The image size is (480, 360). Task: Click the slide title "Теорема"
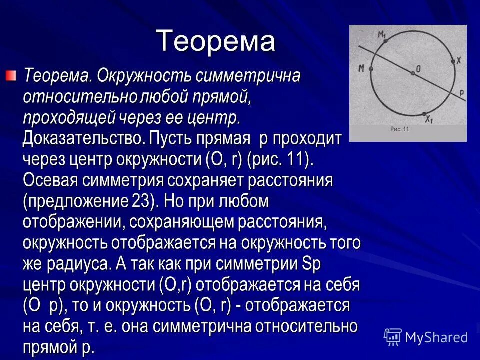pyautogui.click(x=215, y=41)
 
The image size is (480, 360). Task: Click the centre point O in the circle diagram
pyautogui.click(x=412, y=73)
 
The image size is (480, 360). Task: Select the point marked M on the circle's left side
pyautogui.click(x=371, y=69)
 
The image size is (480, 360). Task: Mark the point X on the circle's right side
pyautogui.click(x=453, y=61)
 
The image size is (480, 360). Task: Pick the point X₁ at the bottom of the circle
pyautogui.click(x=424, y=114)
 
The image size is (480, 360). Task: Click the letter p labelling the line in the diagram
pyautogui.click(x=461, y=92)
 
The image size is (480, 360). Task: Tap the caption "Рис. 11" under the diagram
pyautogui.click(x=399, y=129)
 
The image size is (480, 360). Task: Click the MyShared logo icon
pyautogui.click(x=393, y=337)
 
